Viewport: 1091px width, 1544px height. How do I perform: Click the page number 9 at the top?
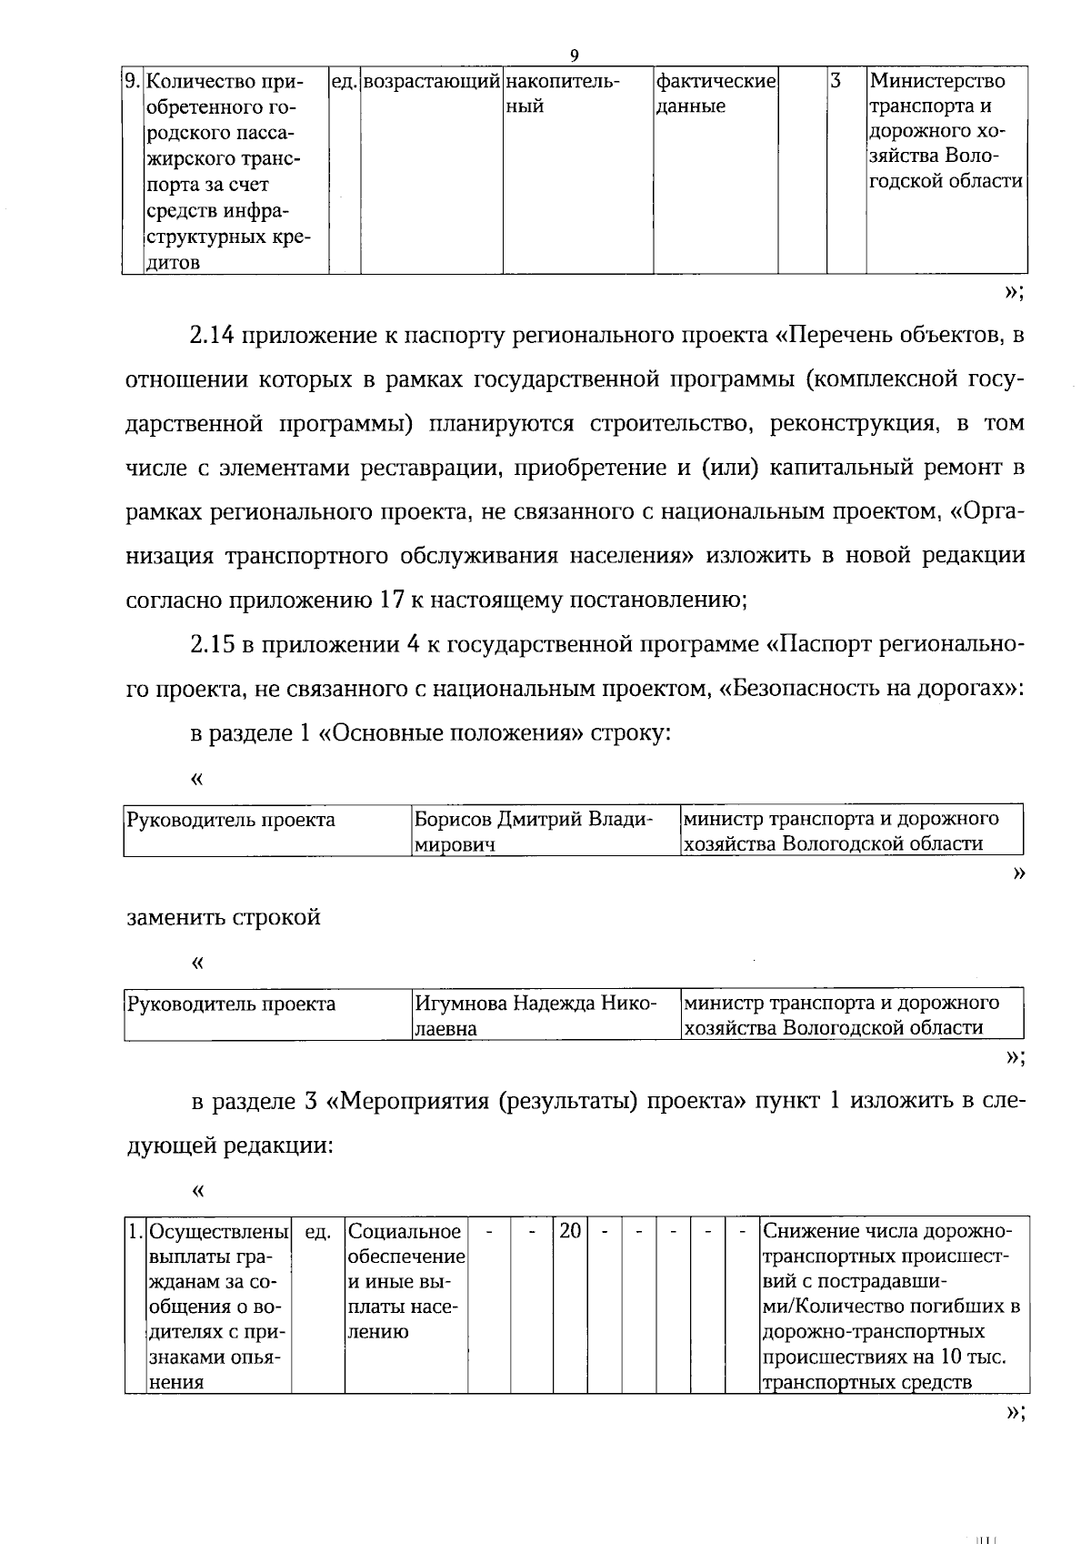click(x=574, y=56)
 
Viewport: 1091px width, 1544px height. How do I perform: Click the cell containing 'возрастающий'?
click(x=432, y=82)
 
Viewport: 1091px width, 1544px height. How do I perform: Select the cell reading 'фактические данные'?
click(x=716, y=94)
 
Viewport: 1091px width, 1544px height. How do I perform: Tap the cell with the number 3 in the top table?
click(x=836, y=82)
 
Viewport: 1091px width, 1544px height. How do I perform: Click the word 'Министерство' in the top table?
click(x=937, y=82)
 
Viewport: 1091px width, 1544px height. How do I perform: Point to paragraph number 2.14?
click(x=211, y=336)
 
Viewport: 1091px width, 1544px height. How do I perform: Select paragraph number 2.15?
click(x=211, y=645)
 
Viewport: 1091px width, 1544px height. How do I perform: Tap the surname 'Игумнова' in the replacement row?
click(x=461, y=1004)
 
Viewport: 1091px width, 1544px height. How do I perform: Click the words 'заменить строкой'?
click(x=224, y=917)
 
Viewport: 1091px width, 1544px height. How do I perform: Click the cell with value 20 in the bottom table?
click(x=570, y=1231)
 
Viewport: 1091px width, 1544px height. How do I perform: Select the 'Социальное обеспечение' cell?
click(x=405, y=1244)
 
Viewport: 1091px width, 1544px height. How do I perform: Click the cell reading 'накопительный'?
click(x=562, y=94)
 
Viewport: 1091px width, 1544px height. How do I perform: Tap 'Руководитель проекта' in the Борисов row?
click(x=231, y=820)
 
